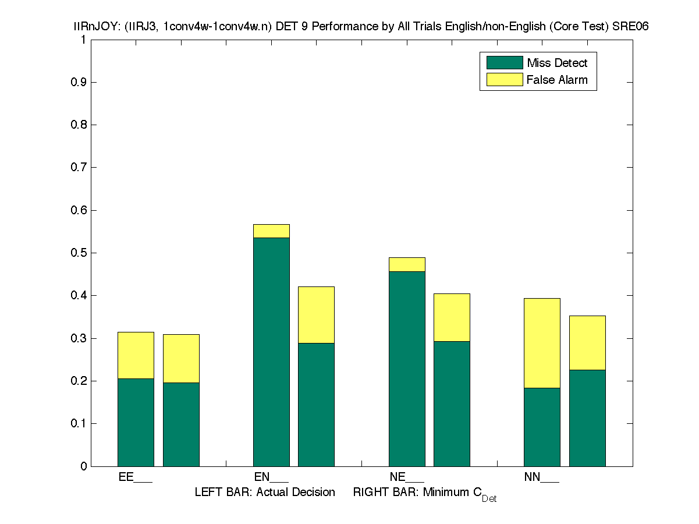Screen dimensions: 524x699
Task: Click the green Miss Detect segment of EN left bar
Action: pyautogui.click(x=271, y=352)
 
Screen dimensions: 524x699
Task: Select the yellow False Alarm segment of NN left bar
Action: pyautogui.click(x=542, y=343)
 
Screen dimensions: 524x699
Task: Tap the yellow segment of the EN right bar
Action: pyautogui.click(x=316, y=314)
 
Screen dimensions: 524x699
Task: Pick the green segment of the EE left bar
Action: pyautogui.click(x=136, y=422)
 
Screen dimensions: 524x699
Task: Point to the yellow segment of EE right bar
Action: pyautogui.click(x=181, y=358)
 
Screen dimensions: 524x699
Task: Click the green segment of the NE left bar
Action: pyautogui.click(x=407, y=369)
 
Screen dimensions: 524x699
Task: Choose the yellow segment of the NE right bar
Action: pyautogui.click(x=452, y=317)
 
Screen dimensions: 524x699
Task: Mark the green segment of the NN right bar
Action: pyautogui.click(x=587, y=417)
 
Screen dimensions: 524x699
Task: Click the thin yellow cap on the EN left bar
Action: pyautogui.click(x=271, y=231)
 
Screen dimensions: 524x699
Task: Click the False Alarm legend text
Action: pyautogui.click(x=557, y=80)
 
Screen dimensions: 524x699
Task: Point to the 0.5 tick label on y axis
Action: pyautogui.click(x=79, y=253)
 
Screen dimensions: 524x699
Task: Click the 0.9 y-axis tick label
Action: pyautogui.click(x=79, y=82)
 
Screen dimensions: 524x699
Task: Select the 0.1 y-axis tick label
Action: pyautogui.click(x=79, y=423)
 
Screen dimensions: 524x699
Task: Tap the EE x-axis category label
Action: pyautogui.click(x=135, y=477)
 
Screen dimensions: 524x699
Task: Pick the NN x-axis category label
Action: pyautogui.click(x=541, y=477)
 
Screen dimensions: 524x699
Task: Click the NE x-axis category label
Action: pyautogui.click(x=406, y=477)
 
